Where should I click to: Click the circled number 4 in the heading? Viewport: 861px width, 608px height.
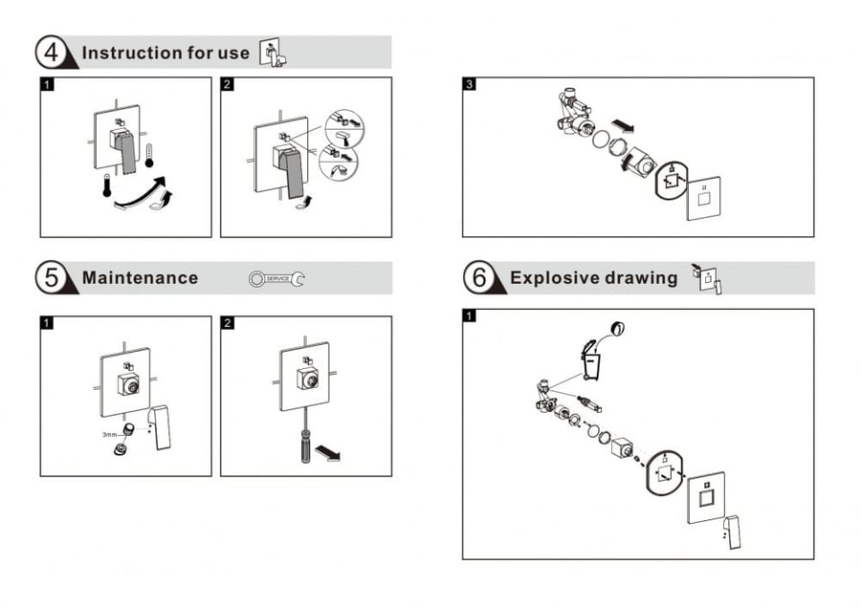[51, 53]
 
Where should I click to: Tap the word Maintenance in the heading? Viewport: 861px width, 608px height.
[140, 277]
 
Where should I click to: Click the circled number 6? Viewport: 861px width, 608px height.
[479, 277]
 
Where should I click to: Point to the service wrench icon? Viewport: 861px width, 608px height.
[276, 279]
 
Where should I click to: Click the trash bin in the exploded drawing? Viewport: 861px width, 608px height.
[590, 360]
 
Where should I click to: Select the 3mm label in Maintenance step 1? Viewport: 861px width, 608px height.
[109, 435]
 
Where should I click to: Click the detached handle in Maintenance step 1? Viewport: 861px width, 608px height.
[160, 427]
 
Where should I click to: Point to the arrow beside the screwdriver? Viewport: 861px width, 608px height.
[328, 453]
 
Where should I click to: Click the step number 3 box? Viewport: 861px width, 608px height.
[469, 83]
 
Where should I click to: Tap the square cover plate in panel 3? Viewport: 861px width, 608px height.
[703, 198]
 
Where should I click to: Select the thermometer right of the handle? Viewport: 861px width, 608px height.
[149, 155]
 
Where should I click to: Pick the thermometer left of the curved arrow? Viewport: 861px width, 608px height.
[107, 185]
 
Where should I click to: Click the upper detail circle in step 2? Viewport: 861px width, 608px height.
[343, 128]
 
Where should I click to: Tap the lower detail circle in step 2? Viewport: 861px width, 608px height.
[339, 162]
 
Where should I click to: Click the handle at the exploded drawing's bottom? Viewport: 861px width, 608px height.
[731, 532]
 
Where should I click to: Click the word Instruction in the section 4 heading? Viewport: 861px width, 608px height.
[131, 53]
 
